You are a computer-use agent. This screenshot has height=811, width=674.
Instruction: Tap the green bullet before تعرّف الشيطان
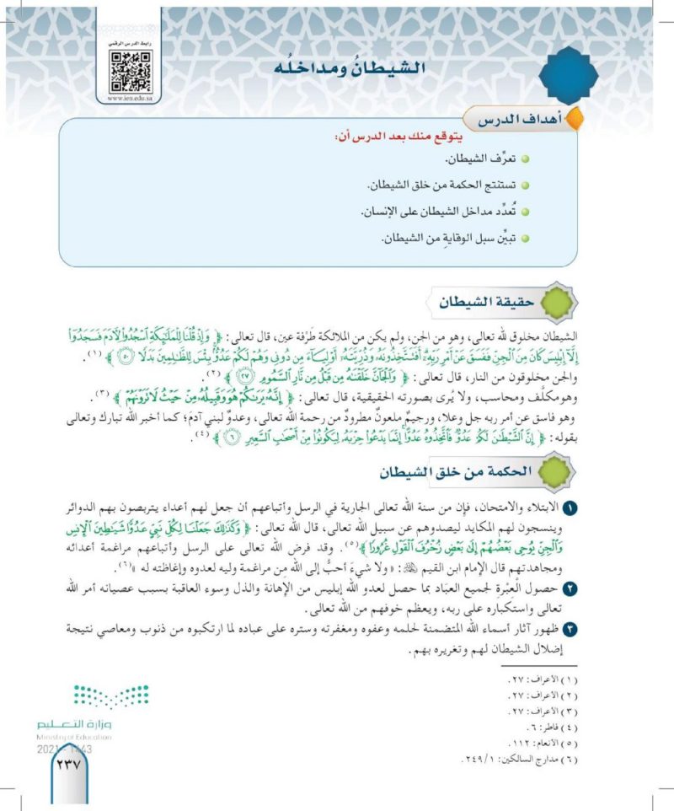tap(525, 158)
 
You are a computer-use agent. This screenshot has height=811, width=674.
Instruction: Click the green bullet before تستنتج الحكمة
tap(525, 185)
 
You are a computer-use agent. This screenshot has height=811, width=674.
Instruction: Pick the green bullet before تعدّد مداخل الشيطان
tap(525, 212)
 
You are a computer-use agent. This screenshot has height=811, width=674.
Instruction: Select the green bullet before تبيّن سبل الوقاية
tap(525, 239)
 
